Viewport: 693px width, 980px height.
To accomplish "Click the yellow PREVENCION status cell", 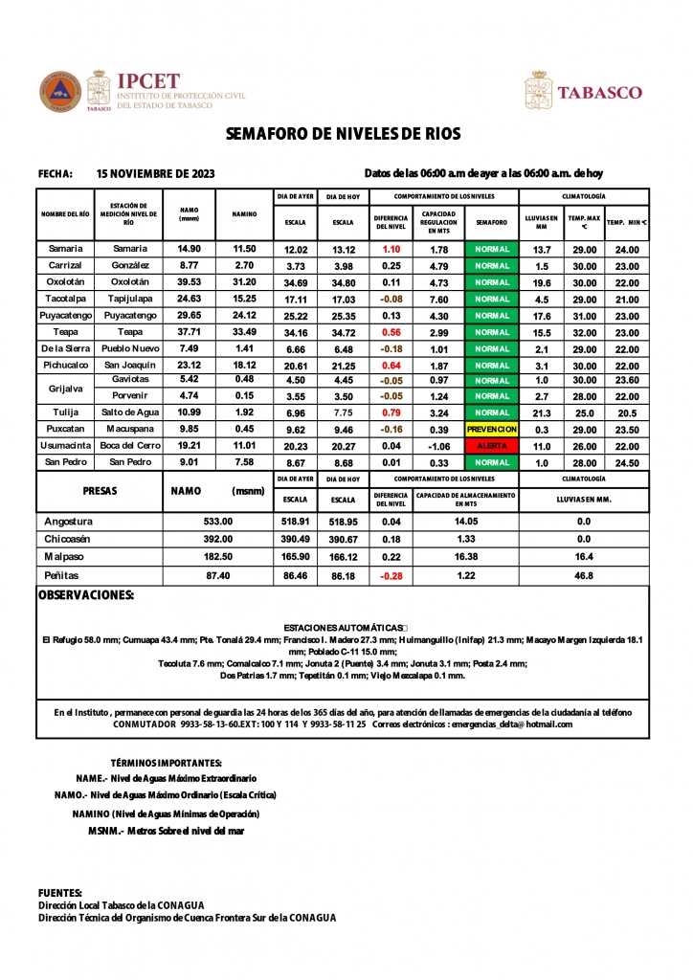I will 491,430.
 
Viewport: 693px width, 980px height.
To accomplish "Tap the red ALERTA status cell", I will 491,446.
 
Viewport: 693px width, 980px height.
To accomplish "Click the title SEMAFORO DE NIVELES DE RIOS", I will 343,133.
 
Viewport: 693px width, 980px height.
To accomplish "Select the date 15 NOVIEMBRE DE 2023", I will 156,173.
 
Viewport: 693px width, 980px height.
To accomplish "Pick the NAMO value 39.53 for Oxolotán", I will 189,282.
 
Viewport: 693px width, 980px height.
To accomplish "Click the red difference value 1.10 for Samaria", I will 391,249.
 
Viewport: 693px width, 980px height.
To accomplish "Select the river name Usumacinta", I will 65,446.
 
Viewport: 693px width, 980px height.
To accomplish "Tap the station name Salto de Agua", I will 129,412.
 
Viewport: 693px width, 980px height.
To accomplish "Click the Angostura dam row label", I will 69,522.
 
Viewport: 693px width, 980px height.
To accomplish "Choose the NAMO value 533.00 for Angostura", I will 218,522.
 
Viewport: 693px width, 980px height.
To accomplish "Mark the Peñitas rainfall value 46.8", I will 584,576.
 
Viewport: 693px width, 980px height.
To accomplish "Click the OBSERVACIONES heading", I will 85,595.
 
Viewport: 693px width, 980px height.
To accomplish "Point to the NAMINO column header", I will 244,214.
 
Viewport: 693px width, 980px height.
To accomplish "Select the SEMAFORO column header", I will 491,222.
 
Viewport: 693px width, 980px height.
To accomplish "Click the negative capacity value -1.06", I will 438,446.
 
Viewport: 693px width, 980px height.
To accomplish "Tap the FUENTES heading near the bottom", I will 59,892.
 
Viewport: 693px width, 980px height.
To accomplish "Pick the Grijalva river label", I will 65,389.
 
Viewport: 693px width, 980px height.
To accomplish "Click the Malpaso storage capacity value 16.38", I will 465,556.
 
